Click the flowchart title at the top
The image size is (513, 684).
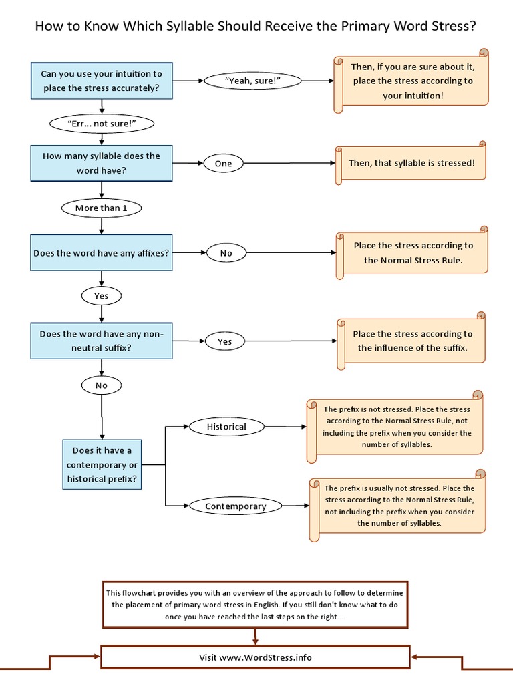coord(256,27)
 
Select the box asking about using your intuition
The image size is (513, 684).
coord(101,81)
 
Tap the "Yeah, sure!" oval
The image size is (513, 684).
coord(253,81)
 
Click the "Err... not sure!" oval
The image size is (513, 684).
coord(102,124)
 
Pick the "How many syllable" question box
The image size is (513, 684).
coord(101,163)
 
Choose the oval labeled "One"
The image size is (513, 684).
coord(223,163)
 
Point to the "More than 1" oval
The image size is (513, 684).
coord(102,208)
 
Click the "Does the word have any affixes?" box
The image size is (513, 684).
coord(101,253)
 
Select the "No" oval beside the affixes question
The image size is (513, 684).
coord(226,253)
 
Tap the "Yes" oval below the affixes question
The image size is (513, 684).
coord(101,295)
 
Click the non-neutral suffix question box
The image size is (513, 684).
coord(101,341)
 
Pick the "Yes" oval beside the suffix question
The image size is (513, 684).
coord(225,341)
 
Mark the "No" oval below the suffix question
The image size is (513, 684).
coord(101,385)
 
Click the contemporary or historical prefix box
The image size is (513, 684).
coord(102,464)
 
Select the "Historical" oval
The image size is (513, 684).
coord(226,426)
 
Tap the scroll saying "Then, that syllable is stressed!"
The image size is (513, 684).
coord(411,163)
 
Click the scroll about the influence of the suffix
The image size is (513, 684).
coord(411,341)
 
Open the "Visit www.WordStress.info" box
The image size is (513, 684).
coord(255,657)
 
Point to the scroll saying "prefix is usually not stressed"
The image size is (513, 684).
coord(398,506)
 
